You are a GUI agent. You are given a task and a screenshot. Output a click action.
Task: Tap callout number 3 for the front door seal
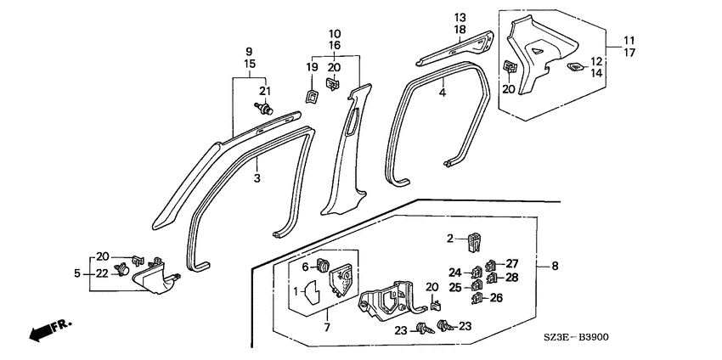pyautogui.click(x=257, y=177)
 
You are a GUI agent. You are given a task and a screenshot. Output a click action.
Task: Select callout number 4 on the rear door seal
pyautogui.click(x=442, y=93)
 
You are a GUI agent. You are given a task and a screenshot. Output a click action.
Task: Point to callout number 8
pyautogui.click(x=555, y=266)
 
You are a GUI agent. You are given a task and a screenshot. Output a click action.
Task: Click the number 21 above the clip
pyautogui.click(x=265, y=91)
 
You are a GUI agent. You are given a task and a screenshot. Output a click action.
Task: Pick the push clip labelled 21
pyautogui.click(x=264, y=110)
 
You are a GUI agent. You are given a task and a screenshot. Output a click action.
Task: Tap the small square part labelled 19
pyautogui.click(x=311, y=97)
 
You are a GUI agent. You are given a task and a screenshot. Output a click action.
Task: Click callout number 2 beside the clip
pyautogui.click(x=450, y=238)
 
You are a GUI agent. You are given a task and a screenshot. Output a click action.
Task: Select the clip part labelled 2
pyautogui.click(x=474, y=242)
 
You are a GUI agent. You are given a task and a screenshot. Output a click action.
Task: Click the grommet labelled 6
pyautogui.click(x=323, y=265)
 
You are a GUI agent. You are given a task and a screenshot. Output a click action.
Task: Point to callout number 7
pyautogui.click(x=327, y=328)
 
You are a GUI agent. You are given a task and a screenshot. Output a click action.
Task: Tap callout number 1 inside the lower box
pyautogui.click(x=297, y=291)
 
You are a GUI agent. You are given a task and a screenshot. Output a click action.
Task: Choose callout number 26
pyautogui.click(x=496, y=298)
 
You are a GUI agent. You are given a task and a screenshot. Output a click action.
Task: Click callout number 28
pyautogui.click(x=512, y=278)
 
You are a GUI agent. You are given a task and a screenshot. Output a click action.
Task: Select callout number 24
pyautogui.click(x=455, y=273)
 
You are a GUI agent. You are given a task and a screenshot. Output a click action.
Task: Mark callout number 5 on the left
pyautogui.click(x=77, y=273)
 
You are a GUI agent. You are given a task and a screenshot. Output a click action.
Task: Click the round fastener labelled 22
pyautogui.click(x=122, y=268)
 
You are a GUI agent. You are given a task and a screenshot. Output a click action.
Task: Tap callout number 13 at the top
pyautogui.click(x=460, y=18)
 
